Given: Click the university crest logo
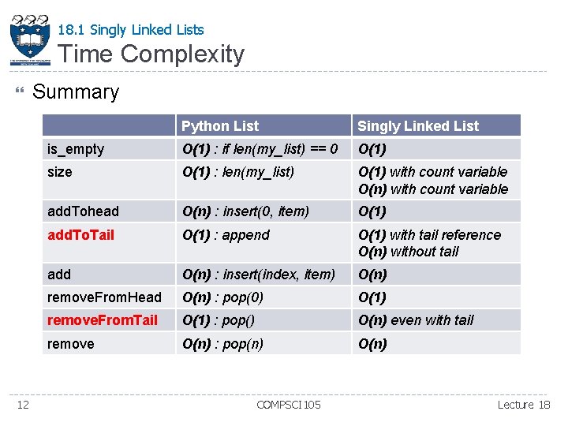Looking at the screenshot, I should pyautogui.click(x=30, y=39).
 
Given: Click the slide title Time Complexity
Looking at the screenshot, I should pyautogui.click(x=151, y=54).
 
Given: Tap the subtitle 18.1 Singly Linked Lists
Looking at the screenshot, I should pyautogui.click(x=131, y=30).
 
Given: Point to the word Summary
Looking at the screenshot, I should pyautogui.click(x=76, y=92).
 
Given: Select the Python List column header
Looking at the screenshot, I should pyautogui.click(x=220, y=126).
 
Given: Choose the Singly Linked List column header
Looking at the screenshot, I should pyautogui.click(x=418, y=126).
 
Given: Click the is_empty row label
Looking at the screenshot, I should pyautogui.click(x=76, y=149).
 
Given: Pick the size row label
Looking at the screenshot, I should pyautogui.click(x=60, y=172).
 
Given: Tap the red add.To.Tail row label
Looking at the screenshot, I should pyautogui.click(x=81, y=235).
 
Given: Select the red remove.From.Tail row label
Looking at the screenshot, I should pyautogui.click(x=103, y=320).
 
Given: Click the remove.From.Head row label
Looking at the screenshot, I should pyautogui.click(x=104, y=297).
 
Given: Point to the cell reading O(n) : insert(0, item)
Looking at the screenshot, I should pyautogui.click(x=245, y=211).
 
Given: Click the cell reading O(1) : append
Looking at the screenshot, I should pyautogui.click(x=226, y=235).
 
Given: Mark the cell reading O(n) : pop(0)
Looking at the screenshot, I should pyautogui.click(x=222, y=297).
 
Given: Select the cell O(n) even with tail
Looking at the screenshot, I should pyautogui.click(x=416, y=320).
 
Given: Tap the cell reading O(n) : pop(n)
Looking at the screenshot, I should pyautogui.click(x=222, y=344).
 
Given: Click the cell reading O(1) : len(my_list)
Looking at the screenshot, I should pyautogui.click(x=238, y=172).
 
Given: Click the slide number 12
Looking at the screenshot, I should pyautogui.click(x=23, y=405).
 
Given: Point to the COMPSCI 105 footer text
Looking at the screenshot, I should pyautogui.click(x=289, y=405).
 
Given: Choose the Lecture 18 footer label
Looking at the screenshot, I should pyautogui.click(x=524, y=405).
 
